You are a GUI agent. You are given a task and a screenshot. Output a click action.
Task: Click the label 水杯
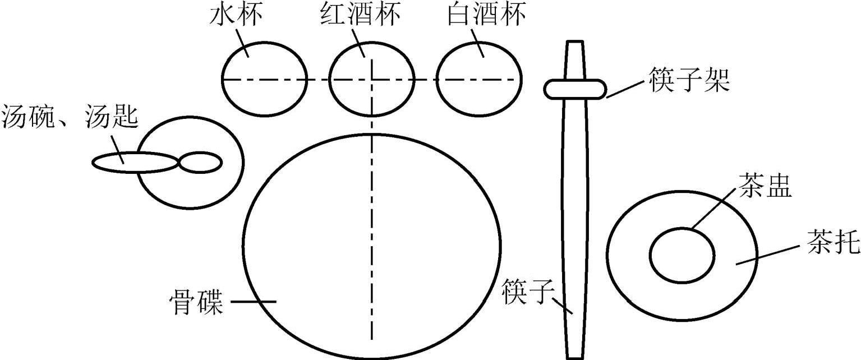[x=237, y=16]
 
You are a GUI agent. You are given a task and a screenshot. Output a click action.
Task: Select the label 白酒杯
[x=486, y=16]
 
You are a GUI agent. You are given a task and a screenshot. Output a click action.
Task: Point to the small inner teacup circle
[x=682, y=255]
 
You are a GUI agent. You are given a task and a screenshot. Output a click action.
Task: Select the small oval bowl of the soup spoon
[x=200, y=163]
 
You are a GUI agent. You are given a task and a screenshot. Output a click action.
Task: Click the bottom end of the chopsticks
[x=575, y=356]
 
